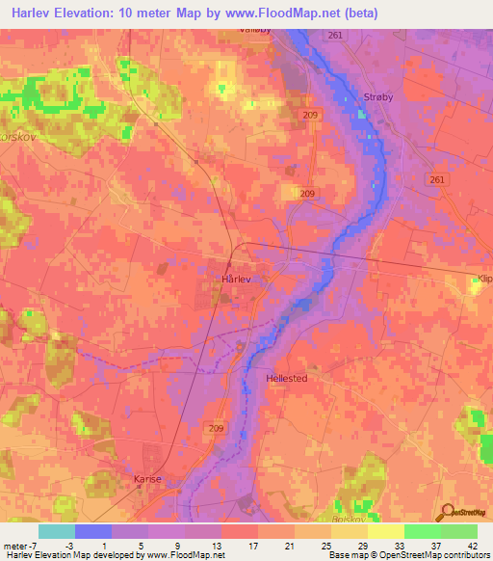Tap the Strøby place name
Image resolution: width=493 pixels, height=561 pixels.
pos(378,98)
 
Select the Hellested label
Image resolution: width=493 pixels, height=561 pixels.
pos(287,379)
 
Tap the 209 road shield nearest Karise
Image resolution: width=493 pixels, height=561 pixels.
pos(216,428)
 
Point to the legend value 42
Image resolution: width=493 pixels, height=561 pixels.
pos(458,545)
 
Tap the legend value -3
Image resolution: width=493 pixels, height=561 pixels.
pos(93,545)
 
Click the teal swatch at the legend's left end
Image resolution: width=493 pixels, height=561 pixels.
pos(57,531)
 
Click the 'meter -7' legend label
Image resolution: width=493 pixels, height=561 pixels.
pos(19,545)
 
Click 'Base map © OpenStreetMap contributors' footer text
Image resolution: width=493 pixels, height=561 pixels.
pos(407,555)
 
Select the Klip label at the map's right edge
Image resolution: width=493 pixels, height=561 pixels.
pos(482,280)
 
